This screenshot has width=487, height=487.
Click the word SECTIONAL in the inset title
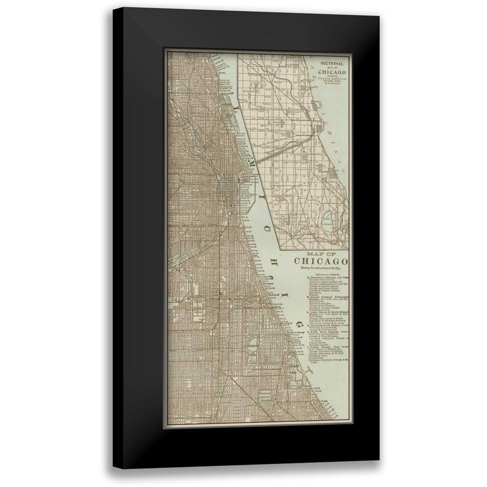point(333,63)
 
